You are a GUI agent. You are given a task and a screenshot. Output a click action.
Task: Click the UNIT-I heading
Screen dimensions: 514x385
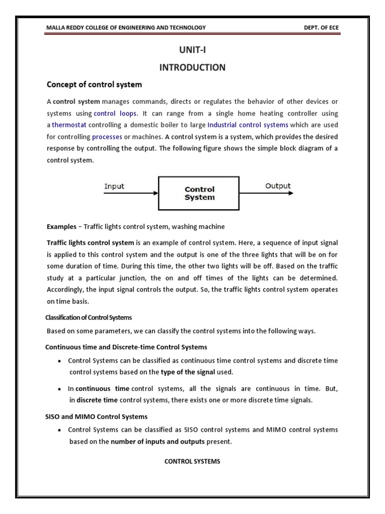tap(192, 50)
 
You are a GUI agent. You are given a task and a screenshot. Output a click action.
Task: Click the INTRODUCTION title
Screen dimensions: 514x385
tap(192, 67)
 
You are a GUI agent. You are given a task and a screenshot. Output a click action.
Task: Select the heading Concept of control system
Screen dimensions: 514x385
tap(94, 84)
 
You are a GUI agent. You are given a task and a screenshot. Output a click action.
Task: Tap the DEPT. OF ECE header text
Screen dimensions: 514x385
tap(321, 28)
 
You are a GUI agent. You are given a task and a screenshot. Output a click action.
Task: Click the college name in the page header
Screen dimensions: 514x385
tap(126, 28)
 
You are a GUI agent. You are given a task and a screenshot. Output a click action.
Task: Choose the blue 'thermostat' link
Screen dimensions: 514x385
tap(69, 125)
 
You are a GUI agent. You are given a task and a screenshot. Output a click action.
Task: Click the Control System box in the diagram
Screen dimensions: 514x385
tap(200, 193)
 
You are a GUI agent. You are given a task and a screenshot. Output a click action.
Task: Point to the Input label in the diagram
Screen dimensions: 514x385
tap(114, 186)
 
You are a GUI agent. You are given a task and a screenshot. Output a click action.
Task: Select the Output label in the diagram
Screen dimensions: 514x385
tap(278, 186)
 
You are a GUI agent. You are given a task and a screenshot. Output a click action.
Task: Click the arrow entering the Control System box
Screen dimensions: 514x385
tap(131, 194)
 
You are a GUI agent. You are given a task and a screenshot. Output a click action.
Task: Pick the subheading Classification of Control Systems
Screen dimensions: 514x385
tap(88, 318)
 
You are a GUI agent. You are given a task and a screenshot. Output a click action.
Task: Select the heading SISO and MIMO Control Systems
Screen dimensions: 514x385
tap(97, 417)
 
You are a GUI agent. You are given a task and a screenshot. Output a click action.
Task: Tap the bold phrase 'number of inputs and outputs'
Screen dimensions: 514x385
tap(157, 442)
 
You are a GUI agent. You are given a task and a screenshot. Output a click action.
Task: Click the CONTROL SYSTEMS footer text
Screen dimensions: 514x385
tap(192, 461)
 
